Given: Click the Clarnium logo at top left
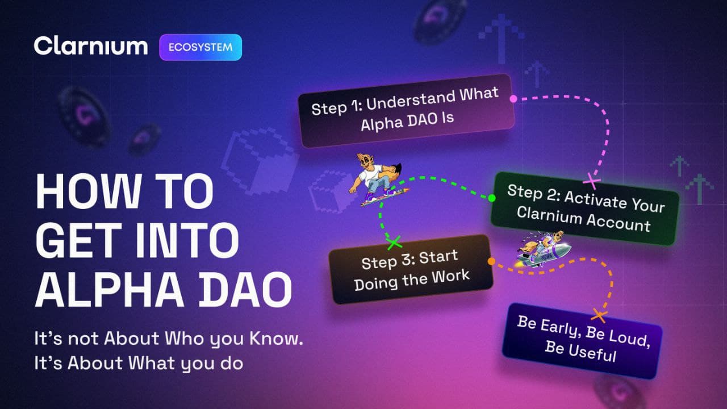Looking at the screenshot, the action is [x=91, y=46].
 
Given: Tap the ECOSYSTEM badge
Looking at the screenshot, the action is [x=200, y=47].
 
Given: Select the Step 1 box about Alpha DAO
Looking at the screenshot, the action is [x=406, y=111].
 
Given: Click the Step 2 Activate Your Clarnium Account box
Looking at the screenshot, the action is [x=585, y=208].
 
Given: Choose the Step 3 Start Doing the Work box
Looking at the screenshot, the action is [x=411, y=269].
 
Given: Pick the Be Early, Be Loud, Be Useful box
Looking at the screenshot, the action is [x=582, y=341].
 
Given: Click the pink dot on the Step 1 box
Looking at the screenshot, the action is [x=513, y=99].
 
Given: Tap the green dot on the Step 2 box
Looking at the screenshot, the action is [x=492, y=198].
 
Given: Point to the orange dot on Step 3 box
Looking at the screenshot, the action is [x=491, y=261].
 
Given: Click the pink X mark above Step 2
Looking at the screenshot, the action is [x=592, y=181].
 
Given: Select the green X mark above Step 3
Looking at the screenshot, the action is [x=394, y=243].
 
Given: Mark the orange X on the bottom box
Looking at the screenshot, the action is [x=599, y=315].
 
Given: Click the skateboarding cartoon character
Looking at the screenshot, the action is [x=378, y=180].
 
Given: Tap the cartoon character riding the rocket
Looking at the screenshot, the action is [x=544, y=249].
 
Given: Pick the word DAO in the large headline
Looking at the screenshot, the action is [x=245, y=290].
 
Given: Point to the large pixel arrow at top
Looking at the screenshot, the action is [x=502, y=38].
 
